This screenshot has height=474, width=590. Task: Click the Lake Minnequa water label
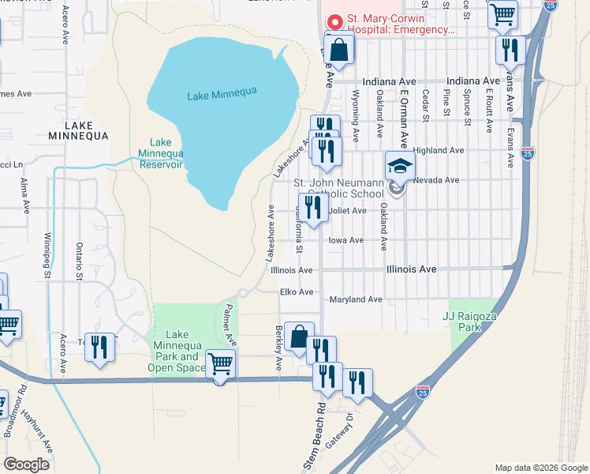point(222,95)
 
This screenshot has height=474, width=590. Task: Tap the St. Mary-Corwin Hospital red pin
point(334,21)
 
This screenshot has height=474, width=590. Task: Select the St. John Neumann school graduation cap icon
point(399,167)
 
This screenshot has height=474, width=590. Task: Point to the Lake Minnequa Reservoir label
point(161,153)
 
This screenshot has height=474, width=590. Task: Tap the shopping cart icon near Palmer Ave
point(220,364)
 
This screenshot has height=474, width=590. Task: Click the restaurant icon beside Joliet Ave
point(314,207)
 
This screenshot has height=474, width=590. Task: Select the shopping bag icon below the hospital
point(338,50)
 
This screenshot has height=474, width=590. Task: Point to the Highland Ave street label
point(438,150)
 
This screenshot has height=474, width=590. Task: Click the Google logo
point(27,464)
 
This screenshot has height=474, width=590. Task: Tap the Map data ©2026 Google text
point(540,468)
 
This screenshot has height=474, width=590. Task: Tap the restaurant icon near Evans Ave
point(510,50)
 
